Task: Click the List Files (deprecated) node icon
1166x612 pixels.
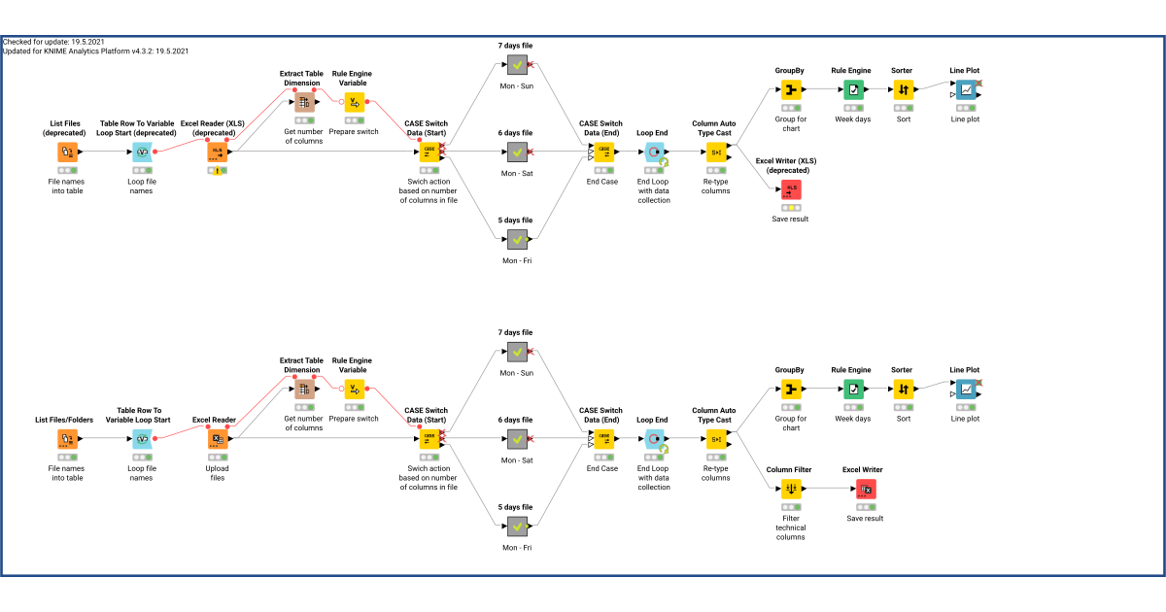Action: pyautogui.click(x=67, y=152)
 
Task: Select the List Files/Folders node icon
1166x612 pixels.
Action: pyautogui.click(x=67, y=439)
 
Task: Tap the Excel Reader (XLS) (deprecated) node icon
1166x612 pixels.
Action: pyautogui.click(x=218, y=152)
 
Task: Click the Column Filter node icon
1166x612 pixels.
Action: pyautogui.click(x=790, y=489)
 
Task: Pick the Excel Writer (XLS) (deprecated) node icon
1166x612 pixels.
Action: pyautogui.click(x=790, y=189)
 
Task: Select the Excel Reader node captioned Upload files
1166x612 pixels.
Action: pyautogui.click(x=218, y=439)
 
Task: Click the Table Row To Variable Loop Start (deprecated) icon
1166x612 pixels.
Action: pyautogui.click(x=142, y=152)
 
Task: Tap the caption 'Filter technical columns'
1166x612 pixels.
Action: pyautogui.click(x=790, y=527)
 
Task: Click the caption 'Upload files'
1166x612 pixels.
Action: pyautogui.click(x=218, y=472)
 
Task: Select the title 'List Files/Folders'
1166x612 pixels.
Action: pyautogui.click(x=67, y=420)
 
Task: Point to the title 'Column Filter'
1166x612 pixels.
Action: pyautogui.click(x=790, y=469)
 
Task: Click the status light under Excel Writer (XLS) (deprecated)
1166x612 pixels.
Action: pyautogui.click(x=790, y=207)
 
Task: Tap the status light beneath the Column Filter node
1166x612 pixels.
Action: pyautogui.click(x=790, y=506)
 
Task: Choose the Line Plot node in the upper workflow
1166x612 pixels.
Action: pyautogui.click(x=965, y=90)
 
